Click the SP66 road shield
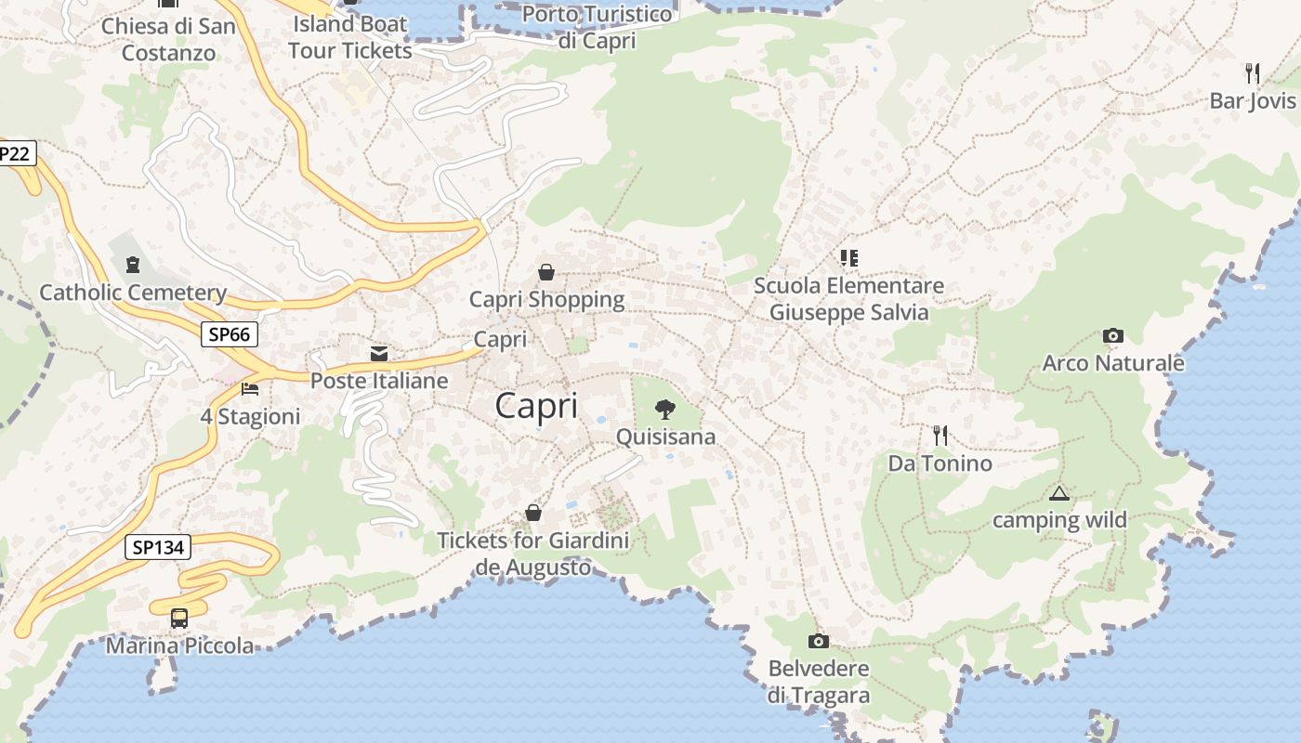point(230,334)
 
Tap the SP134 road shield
point(158,547)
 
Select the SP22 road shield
point(15,153)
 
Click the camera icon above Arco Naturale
point(1112,335)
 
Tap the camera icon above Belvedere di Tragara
point(818,641)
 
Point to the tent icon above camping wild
point(1058,493)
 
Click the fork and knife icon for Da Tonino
point(940,435)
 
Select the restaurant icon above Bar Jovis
point(1252,73)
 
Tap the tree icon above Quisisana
point(664,409)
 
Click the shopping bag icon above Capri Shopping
point(546,272)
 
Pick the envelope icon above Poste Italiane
point(379,353)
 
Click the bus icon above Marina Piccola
point(178,618)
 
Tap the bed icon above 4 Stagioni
point(249,388)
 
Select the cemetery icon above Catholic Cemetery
point(132,265)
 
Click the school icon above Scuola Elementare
point(848,257)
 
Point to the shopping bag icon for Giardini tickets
point(533,513)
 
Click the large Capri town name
point(536,406)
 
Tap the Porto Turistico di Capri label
point(597,27)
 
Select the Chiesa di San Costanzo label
point(169,39)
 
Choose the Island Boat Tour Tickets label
point(350,36)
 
